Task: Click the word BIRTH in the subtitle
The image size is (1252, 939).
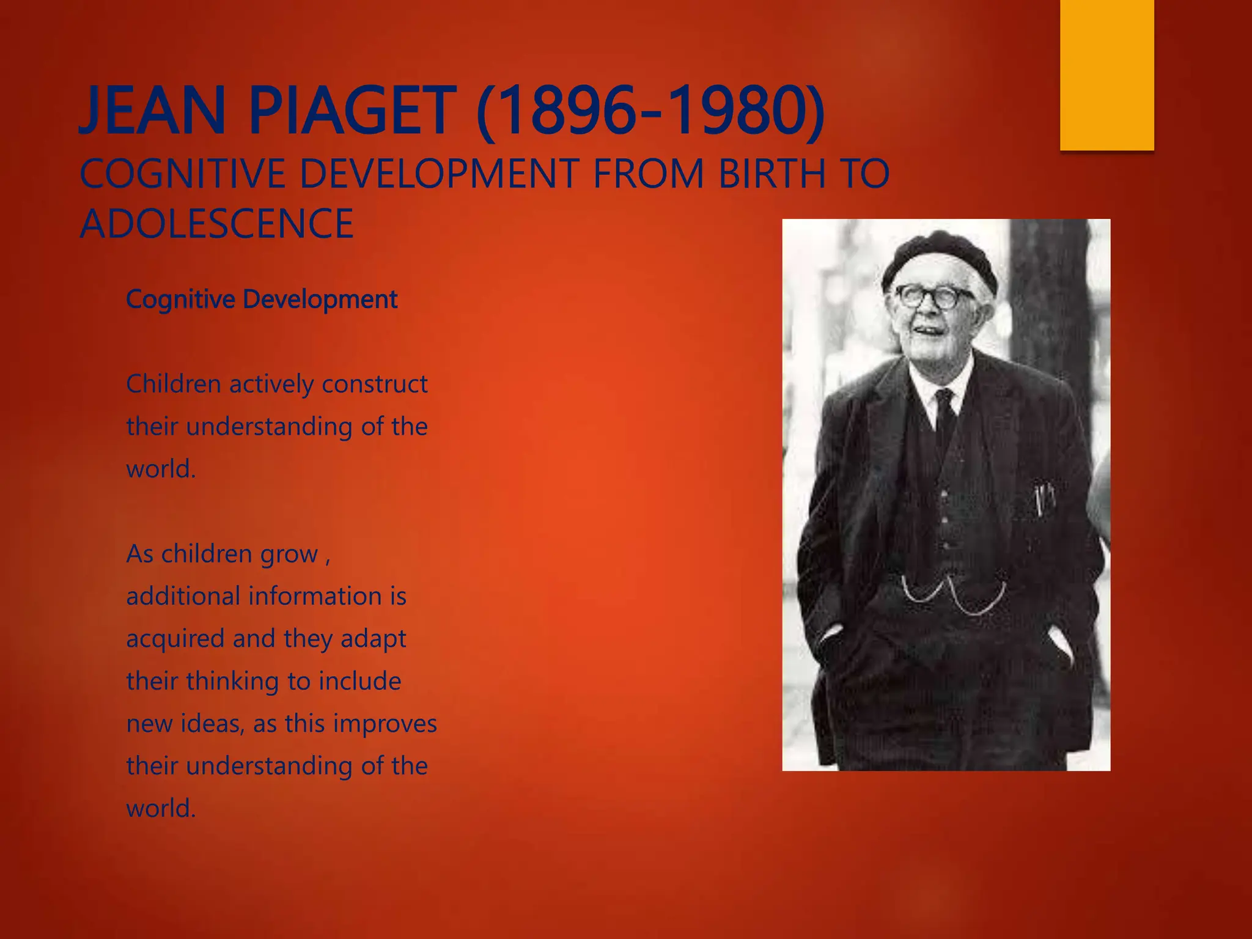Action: pos(771,174)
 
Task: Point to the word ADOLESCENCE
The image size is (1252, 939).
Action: pos(217,224)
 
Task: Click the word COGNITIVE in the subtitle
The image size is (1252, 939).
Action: pos(182,174)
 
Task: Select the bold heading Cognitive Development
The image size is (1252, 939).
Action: pos(262,300)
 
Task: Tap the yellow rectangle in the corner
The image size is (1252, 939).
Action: pos(1107,75)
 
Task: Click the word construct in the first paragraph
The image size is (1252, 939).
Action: pos(374,385)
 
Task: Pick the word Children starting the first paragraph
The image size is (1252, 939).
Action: pos(173,385)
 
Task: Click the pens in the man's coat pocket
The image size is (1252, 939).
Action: pos(1043,498)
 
